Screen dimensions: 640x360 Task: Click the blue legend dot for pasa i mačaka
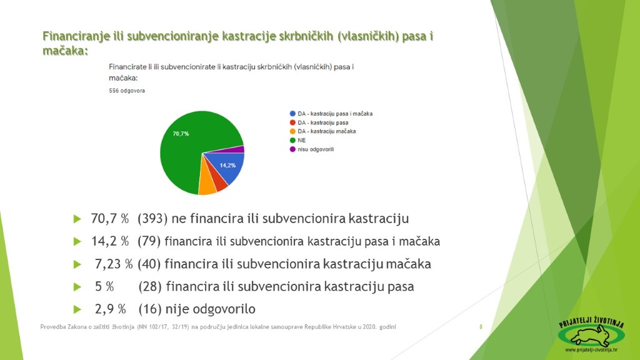point(292,114)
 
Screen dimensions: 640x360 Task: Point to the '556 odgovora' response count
point(127,91)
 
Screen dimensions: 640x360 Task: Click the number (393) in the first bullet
point(152,219)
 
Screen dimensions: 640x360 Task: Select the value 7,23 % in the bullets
point(114,264)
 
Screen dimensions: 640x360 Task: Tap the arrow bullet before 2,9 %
point(77,309)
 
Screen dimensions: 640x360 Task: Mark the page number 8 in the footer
point(481,326)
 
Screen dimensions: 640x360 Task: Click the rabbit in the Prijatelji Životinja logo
point(591,336)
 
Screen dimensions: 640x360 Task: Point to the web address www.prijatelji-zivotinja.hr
point(591,350)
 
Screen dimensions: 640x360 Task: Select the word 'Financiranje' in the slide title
point(76,36)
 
